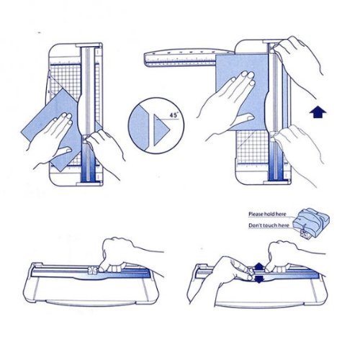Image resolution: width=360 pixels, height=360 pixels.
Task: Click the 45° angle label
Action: (x=174, y=114)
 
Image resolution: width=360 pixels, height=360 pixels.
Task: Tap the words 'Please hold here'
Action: (x=267, y=214)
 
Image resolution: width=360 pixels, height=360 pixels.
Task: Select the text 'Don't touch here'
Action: (x=269, y=225)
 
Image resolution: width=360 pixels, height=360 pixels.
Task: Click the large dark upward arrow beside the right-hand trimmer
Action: (x=318, y=112)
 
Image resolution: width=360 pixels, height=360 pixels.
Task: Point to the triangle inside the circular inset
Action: (x=161, y=130)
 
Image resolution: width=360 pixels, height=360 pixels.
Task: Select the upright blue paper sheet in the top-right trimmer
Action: (x=241, y=92)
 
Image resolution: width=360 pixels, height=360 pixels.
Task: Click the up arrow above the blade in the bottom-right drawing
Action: (x=258, y=266)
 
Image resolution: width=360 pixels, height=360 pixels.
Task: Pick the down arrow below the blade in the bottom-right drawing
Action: (x=258, y=279)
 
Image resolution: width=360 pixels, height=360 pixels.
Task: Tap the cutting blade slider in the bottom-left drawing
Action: (x=92, y=270)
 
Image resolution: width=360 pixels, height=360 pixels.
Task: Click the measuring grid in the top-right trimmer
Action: (x=252, y=145)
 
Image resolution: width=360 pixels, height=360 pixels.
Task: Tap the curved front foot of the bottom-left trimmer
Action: (x=91, y=303)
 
